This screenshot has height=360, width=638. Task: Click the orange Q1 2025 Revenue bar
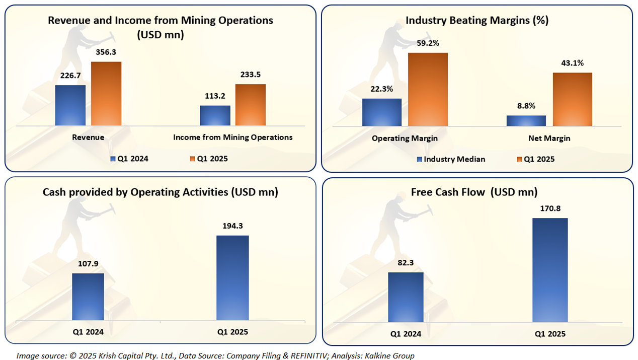[106, 94]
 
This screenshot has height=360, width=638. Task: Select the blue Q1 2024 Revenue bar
[70, 105]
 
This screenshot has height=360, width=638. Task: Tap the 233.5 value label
[250, 75]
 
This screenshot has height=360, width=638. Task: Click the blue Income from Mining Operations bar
[215, 115]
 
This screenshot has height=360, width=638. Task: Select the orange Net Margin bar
[572, 99]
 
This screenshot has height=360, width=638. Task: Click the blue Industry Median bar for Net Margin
[526, 120]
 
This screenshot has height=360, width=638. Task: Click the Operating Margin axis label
[405, 138]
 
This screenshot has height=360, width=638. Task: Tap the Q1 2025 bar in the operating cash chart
[232, 277]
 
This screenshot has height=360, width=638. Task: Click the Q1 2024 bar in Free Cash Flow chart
[406, 297]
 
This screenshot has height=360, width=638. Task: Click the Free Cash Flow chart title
[474, 192]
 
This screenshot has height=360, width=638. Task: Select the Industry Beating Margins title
[476, 21]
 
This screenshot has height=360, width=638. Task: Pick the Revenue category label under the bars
[88, 137]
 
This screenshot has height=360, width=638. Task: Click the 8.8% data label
[526, 106]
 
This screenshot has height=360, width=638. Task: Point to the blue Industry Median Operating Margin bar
[381, 112]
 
